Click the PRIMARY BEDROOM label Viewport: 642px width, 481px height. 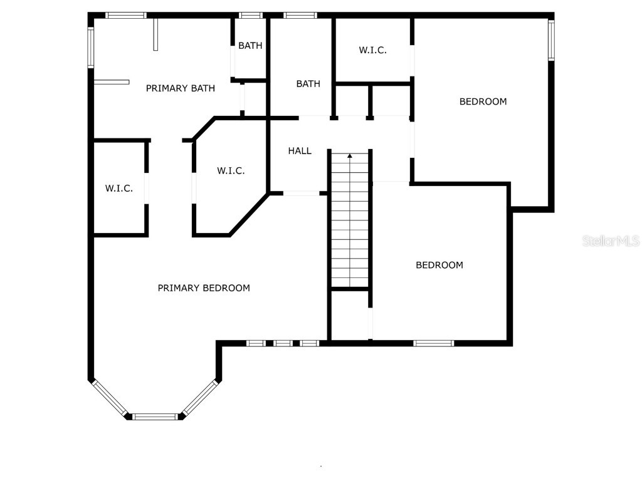click(x=204, y=288)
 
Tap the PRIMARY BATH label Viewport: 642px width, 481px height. click(x=180, y=88)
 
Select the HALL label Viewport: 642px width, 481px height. click(x=300, y=151)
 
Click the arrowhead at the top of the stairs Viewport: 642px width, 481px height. click(x=350, y=156)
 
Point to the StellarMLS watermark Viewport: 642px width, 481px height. click(x=611, y=240)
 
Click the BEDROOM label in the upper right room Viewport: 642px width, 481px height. click(x=483, y=101)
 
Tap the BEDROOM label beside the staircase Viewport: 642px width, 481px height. click(x=439, y=265)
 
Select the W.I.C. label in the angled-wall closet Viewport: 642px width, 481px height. click(x=231, y=170)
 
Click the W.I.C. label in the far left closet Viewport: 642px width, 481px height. click(x=118, y=189)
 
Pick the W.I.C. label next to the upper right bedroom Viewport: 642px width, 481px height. click(x=372, y=50)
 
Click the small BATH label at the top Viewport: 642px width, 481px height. click(x=250, y=45)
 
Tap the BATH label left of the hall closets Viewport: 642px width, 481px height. click(x=308, y=84)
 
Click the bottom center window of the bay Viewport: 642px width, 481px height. click(x=155, y=416)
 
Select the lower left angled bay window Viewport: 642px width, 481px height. click(x=109, y=398)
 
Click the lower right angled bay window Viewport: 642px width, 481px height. click(x=199, y=397)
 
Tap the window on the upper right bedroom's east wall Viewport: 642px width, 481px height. click(x=551, y=41)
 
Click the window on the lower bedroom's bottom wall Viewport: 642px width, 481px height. click(x=434, y=343)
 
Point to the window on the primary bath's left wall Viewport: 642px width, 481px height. click(x=91, y=47)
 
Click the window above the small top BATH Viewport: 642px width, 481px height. click(x=251, y=16)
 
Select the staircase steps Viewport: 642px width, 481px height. click(x=350, y=220)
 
